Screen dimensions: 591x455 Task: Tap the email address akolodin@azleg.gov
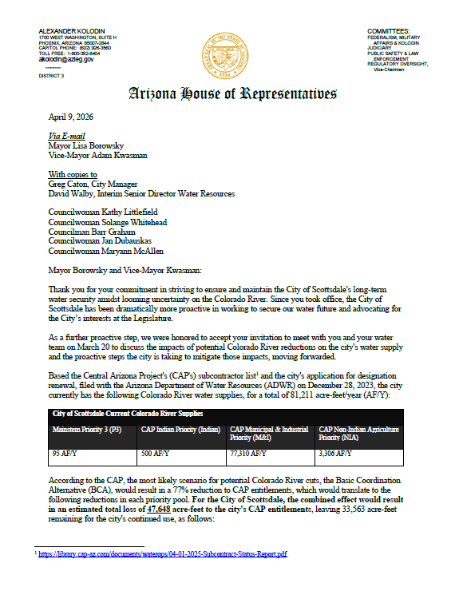coord(66,59)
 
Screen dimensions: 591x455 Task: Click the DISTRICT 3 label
coord(52,76)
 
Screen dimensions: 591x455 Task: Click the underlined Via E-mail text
coord(67,136)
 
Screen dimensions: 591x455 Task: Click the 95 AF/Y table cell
coord(64,453)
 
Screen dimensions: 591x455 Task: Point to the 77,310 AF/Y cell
coord(249,453)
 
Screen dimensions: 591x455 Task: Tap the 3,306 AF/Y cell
coord(337,453)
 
